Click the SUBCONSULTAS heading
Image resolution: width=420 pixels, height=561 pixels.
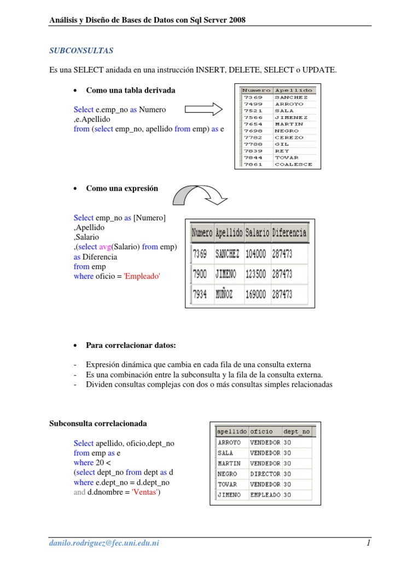click(81, 50)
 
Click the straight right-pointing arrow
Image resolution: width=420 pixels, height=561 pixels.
click(203, 110)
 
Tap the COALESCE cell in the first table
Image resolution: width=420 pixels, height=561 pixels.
click(293, 164)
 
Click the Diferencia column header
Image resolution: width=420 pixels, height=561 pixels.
click(289, 233)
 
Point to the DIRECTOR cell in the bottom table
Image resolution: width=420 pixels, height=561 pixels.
click(265, 474)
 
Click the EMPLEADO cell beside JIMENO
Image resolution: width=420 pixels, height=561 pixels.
click(265, 495)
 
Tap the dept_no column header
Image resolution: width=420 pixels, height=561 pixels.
click(297, 432)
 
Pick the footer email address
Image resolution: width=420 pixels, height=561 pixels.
click(104, 543)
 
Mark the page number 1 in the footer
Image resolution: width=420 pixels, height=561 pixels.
click(369, 543)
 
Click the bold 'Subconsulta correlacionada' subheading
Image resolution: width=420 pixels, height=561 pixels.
click(98, 424)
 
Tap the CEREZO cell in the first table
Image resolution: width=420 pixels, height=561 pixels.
click(289, 138)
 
